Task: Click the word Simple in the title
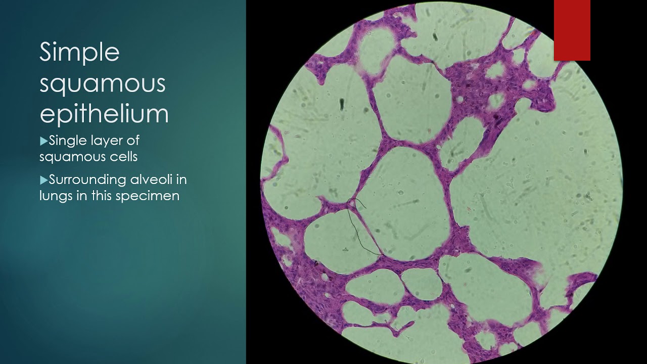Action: click(x=79, y=53)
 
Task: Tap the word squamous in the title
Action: click(x=103, y=84)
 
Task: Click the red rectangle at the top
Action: click(x=572, y=30)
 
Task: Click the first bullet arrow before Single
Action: click(x=43, y=141)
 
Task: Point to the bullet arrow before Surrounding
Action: click(x=43, y=179)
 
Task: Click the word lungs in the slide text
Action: click(x=55, y=196)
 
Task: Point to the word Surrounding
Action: click(x=87, y=179)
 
